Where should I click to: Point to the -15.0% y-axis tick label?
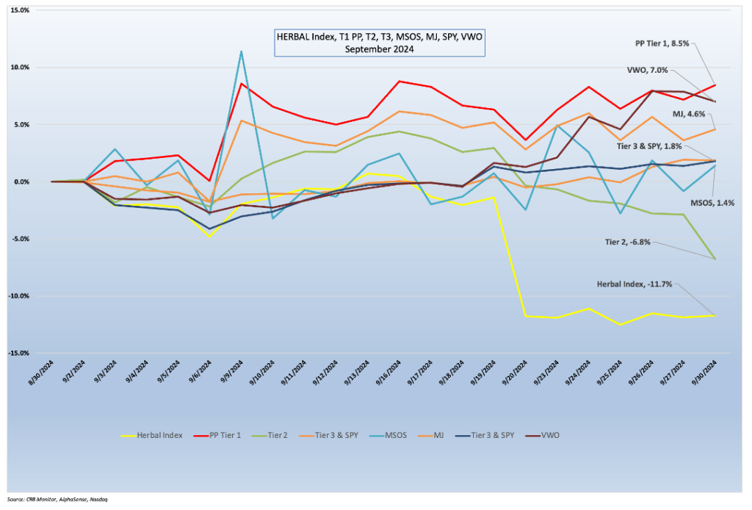tap(18, 353)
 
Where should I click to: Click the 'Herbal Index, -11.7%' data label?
tap(634, 284)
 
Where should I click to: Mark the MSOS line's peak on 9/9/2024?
tap(241, 51)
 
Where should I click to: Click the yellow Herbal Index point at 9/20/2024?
tap(525, 316)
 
